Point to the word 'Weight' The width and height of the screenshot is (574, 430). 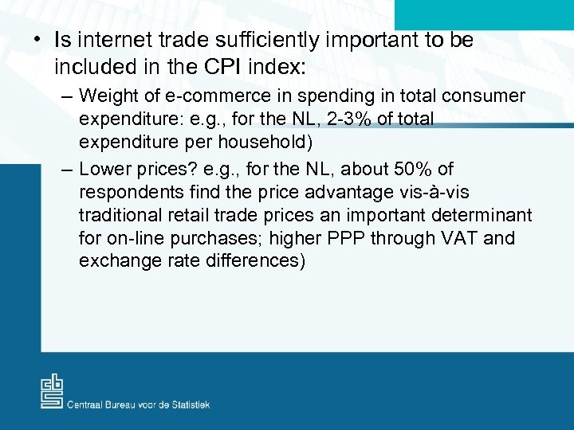coord(107,97)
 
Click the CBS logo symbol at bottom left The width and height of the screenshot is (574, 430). coord(53,392)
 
